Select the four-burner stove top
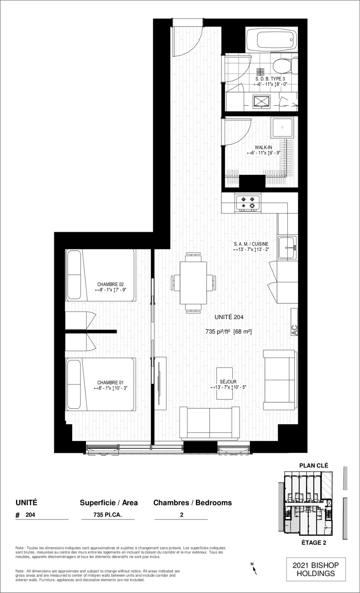tap(248, 203)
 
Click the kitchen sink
tap(288, 248)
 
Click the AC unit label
tap(295, 330)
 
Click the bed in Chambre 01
tap(100, 384)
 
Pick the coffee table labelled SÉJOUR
tap(225, 383)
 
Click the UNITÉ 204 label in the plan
tap(229, 317)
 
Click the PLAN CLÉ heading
tap(314, 465)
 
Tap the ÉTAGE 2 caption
tap(314, 543)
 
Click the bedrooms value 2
tap(182, 515)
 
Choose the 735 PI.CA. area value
tap(108, 515)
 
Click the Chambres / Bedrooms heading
tap(192, 503)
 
